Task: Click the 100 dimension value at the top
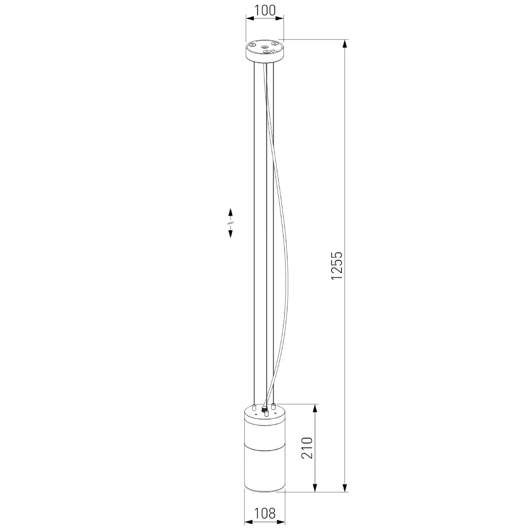(264, 10)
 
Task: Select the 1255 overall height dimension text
(337, 266)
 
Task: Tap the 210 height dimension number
(307, 447)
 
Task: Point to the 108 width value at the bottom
(264, 513)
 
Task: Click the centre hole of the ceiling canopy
(264, 47)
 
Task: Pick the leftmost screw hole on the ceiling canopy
(252, 44)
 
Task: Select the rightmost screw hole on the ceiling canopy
(275, 43)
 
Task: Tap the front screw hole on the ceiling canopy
(268, 51)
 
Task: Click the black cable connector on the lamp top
(264, 409)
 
